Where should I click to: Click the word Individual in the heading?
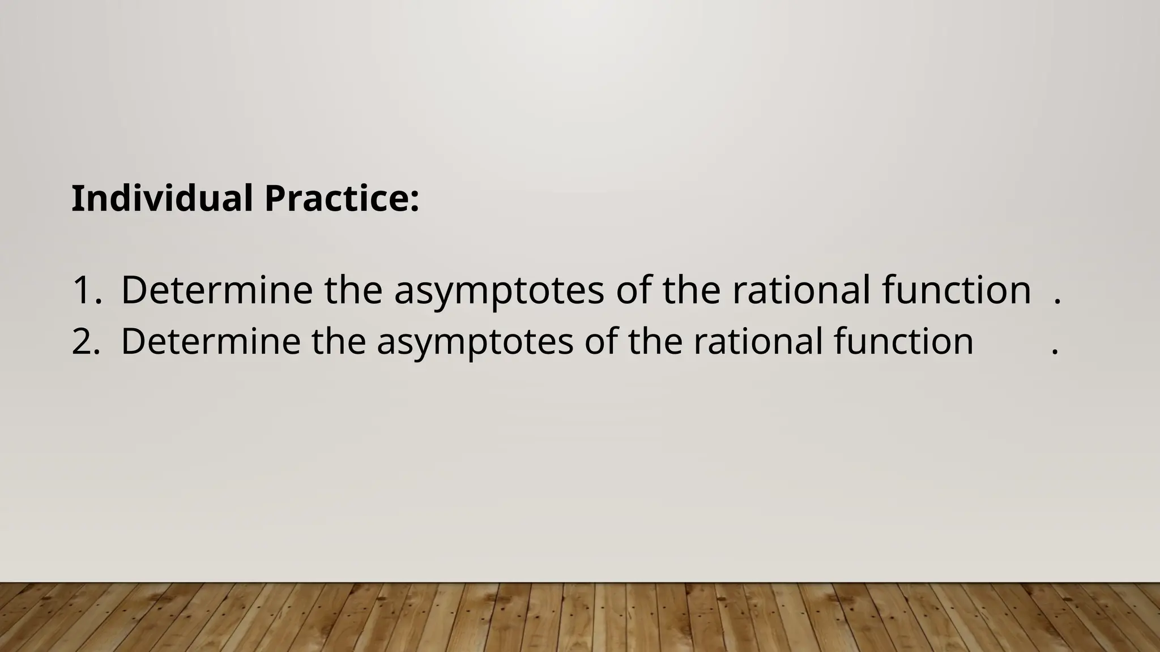(161, 199)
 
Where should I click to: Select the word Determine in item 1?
(216, 290)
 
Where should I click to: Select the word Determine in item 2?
(210, 341)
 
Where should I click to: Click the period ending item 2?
(1055, 353)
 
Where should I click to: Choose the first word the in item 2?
(339, 341)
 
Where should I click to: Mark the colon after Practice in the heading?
(415, 201)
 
